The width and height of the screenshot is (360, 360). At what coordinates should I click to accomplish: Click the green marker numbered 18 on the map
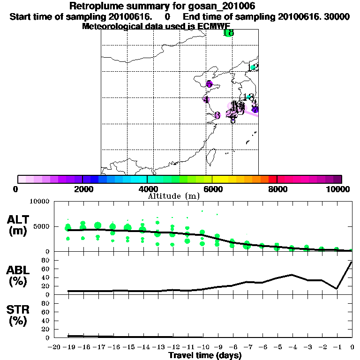pos(228,33)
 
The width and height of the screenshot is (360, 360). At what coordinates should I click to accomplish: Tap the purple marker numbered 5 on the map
pos(209,84)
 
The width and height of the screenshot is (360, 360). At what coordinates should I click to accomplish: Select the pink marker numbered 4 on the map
pos(206,99)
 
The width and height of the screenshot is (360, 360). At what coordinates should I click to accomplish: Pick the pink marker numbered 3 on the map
pos(217,115)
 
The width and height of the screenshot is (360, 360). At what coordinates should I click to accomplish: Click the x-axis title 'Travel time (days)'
pos(205,356)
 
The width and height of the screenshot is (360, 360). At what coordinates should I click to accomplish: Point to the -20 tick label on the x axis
pos(55,347)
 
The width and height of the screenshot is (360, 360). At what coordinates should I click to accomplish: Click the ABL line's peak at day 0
pos(352,262)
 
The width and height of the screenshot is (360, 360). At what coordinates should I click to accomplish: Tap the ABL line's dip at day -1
pos(337,289)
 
